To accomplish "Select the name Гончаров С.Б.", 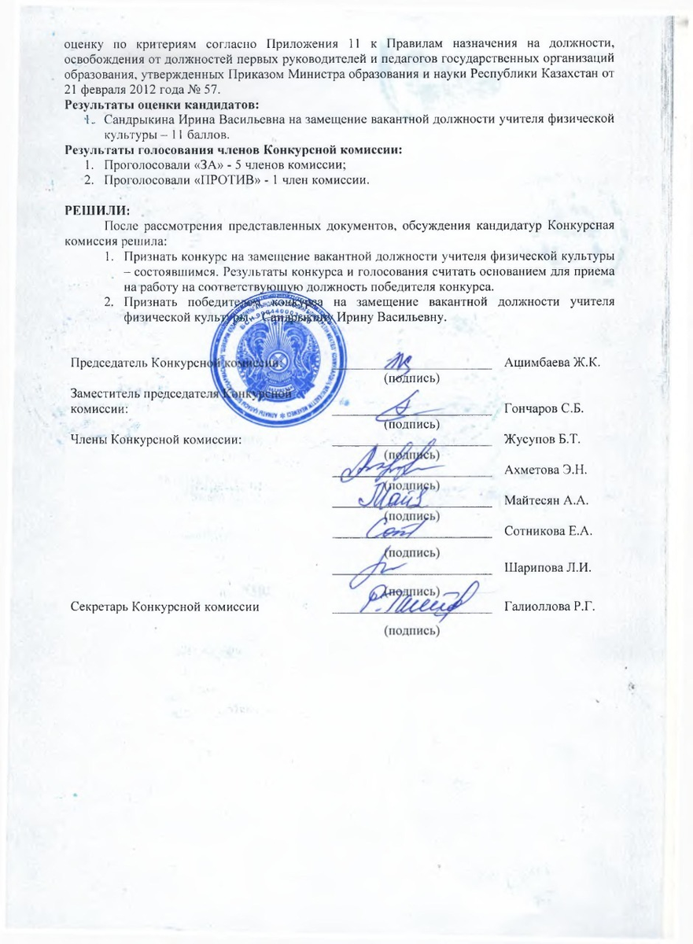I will (544, 409).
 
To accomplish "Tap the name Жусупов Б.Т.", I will (541, 438).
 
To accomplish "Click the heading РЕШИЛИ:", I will (98, 210).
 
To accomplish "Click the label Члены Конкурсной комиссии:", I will (156, 438).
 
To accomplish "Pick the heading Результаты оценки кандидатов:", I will (162, 104).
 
